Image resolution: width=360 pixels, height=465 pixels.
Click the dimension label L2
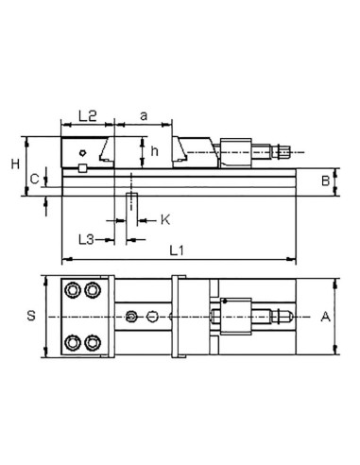coord(87,115)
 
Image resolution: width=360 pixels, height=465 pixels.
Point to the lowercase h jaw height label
coord(155,148)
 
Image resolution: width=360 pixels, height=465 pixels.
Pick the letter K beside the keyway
coord(164,220)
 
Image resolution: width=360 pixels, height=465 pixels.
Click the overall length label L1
coord(176,251)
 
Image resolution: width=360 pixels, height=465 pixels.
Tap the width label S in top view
coord(30,317)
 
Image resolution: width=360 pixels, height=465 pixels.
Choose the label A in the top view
coord(326,317)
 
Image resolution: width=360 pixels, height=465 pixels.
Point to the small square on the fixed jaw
coord(82,168)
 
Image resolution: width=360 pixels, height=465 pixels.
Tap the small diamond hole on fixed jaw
coord(84,151)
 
